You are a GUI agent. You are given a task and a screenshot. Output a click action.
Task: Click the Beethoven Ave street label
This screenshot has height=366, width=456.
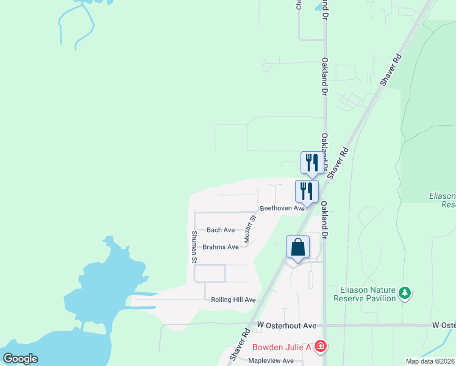pos(282,208)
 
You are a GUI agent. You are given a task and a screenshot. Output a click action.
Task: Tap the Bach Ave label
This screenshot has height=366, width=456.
pos(221,230)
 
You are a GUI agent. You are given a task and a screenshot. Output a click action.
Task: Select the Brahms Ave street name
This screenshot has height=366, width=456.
pos(221,247)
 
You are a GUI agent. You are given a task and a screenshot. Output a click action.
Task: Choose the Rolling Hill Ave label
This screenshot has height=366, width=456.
pos(233,300)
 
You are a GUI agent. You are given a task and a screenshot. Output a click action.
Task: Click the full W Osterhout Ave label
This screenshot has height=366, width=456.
pos(287,326)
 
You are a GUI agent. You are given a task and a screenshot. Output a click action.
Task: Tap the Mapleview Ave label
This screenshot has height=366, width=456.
pos(271,361)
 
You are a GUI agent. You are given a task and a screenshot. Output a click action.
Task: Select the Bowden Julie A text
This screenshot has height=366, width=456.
pos(282,347)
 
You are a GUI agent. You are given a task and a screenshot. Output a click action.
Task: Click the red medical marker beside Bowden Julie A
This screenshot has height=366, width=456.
pos(321,347)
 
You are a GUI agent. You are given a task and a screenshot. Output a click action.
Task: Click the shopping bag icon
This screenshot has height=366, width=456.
pos(297,248)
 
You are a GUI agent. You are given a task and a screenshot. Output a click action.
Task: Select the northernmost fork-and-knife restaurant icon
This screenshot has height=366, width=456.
pos(312,162)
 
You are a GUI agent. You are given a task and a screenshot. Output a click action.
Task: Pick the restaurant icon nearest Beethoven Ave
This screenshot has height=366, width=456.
pos(307,190)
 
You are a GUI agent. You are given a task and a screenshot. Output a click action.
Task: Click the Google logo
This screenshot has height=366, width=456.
pos(21,358)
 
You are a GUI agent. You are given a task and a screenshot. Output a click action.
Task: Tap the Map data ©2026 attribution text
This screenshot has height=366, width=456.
pos(430,361)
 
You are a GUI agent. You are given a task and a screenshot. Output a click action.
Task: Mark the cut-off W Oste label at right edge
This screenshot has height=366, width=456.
pos(444,326)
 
